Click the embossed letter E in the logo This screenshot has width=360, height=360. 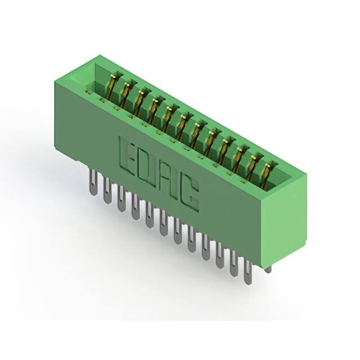[x=126, y=154]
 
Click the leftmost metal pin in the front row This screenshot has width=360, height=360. [x=93, y=183]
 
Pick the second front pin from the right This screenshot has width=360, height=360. [x=233, y=263]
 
